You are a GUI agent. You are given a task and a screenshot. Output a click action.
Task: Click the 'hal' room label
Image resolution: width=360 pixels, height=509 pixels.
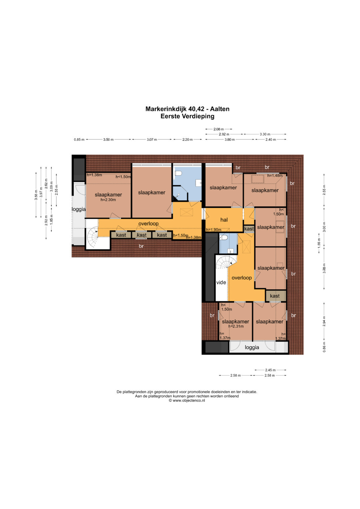point(224,220)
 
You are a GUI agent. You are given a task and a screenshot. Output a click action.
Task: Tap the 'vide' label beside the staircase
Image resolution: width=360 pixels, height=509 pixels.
point(221,282)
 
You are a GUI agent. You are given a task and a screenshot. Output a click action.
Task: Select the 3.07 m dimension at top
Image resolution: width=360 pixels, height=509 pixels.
point(152,140)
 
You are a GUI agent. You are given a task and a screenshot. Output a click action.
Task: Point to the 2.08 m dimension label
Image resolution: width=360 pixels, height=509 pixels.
point(219,129)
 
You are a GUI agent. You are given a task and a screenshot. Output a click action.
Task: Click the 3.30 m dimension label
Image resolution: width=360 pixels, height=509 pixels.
point(265,134)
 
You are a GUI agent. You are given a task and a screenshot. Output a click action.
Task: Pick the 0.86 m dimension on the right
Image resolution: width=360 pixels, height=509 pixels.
point(324,347)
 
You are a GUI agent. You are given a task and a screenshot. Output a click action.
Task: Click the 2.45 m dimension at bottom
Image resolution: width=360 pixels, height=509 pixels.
point(270,370)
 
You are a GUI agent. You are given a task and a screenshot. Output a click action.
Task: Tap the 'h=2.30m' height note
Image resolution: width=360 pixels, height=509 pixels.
point(108,200)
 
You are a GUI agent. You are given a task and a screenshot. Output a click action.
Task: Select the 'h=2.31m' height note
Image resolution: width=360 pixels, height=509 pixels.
point(236,326)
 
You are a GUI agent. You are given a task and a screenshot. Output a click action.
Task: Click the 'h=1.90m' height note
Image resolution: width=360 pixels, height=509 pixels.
point(214,230)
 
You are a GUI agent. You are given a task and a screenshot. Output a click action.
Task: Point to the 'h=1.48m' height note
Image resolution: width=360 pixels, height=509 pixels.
point(275,175)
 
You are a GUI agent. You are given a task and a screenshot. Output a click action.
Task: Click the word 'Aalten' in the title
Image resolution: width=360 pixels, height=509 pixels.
point(220,109)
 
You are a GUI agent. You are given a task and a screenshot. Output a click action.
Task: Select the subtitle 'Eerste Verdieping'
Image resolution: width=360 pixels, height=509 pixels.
point(187,116)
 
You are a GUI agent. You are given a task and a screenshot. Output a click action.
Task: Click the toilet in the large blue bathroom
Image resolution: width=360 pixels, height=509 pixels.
point(178,174)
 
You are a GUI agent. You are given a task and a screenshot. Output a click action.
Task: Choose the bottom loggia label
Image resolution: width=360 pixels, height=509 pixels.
point(252,347)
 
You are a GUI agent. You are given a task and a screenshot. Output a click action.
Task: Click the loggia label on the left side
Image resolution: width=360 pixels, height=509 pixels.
point(79,209)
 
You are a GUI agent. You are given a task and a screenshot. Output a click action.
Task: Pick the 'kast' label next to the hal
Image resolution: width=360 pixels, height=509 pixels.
point(249,229)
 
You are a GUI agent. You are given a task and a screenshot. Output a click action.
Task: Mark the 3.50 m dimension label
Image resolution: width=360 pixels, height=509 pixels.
point(108,140)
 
